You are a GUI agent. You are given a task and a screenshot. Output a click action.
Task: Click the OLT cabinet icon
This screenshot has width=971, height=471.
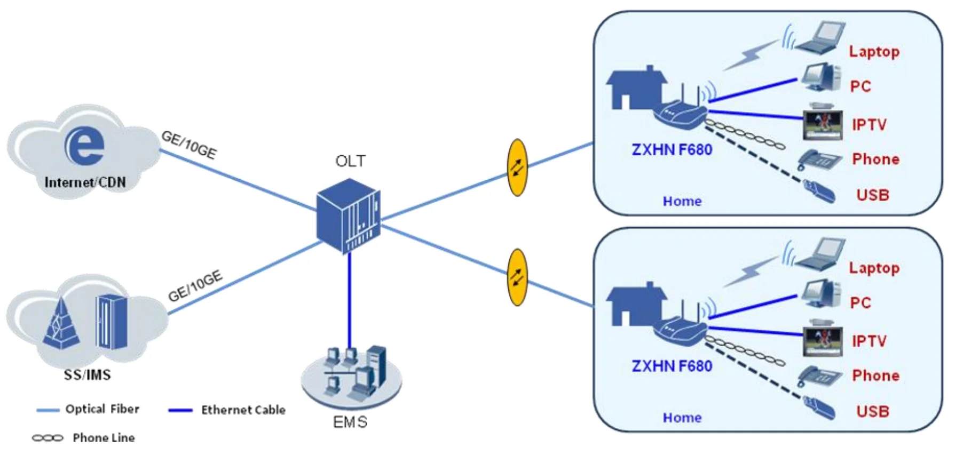coord(349,216)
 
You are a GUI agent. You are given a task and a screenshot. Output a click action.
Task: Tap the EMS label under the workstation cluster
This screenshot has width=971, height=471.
coord(350,422)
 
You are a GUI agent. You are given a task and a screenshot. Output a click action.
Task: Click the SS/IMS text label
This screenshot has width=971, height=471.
coord(88,375)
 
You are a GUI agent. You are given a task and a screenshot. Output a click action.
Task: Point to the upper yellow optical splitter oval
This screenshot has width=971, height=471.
coord(517,168)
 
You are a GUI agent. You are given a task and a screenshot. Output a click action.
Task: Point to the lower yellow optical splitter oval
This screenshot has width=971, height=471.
coord(517,277)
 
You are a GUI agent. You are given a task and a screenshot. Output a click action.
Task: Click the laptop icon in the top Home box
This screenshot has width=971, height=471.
coord(820,38)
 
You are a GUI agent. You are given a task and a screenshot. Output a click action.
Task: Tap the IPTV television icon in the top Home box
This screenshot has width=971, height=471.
coord(823,124)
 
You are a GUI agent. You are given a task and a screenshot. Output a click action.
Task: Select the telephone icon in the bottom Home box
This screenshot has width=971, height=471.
coord(819,376)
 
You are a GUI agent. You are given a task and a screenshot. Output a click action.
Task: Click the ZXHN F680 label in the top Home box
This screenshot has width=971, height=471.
coord(672,150)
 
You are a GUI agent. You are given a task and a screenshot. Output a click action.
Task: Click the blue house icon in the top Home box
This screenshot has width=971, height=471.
coord(635,89)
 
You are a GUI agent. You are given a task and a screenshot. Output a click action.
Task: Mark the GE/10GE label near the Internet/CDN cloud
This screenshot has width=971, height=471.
coord(189,145)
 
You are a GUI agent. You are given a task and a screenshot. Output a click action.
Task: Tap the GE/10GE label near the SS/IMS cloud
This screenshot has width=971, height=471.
coord(195,286)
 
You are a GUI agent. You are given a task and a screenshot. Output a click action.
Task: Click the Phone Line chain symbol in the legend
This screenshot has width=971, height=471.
coord(48,438)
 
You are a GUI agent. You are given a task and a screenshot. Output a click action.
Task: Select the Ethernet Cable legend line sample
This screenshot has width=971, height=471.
coord(180,410)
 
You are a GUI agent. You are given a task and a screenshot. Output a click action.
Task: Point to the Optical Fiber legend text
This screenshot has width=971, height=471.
coord(102,409)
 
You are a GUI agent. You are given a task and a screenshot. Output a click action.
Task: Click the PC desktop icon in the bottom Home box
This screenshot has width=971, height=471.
coord(822,294)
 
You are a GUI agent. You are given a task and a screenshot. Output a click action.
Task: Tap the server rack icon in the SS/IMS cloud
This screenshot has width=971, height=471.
coord(112,322)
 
